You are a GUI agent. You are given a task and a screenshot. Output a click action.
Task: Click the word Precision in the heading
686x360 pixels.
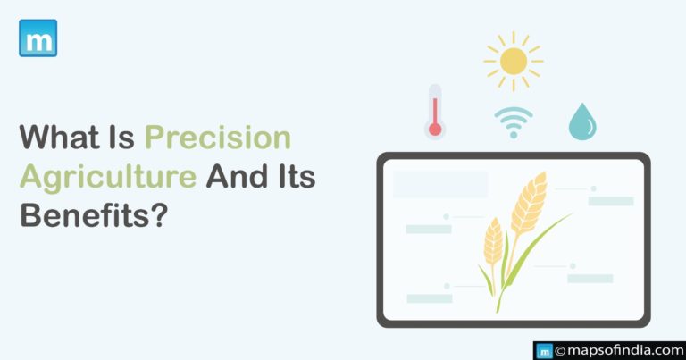pos(218,138)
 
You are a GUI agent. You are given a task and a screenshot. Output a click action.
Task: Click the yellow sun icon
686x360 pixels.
pos(514,61)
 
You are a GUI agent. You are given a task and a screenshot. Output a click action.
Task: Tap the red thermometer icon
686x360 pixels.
pos(435,111)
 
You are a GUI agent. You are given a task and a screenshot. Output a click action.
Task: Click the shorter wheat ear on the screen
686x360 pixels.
pos(493,240)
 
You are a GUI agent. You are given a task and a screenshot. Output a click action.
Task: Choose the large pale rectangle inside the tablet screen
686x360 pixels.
pos(440,184)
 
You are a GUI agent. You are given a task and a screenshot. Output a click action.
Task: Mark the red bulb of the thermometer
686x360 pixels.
pos(435,129)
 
